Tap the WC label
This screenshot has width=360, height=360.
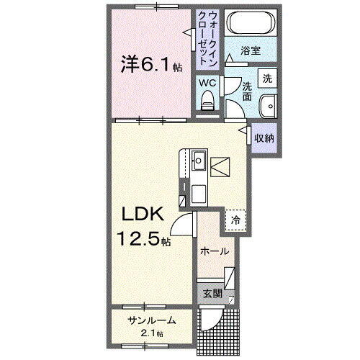point(207,84)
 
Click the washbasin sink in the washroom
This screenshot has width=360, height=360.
point(268,104)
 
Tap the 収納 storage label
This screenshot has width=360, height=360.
point(264,138)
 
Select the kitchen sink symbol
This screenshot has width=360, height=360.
point(199,158)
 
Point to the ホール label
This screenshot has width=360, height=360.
point(215,251)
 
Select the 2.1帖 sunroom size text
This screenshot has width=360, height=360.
point(152,333)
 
